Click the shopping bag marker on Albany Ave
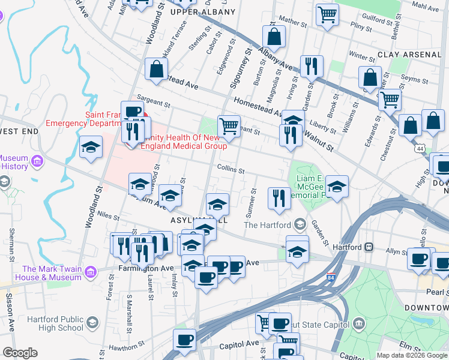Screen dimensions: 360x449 pos(274,37)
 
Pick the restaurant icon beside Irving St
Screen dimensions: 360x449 pos(310,66)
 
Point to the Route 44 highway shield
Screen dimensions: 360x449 pos(417,147)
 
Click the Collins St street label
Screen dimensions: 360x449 pos(231,170)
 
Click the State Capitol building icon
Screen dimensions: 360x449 pos(360,324)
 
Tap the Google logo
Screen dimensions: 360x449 pos(20,353)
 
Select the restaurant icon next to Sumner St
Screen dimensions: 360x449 pos(278,199)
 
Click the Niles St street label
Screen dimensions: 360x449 pos(109,214)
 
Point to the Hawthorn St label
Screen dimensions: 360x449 pos(120,348)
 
